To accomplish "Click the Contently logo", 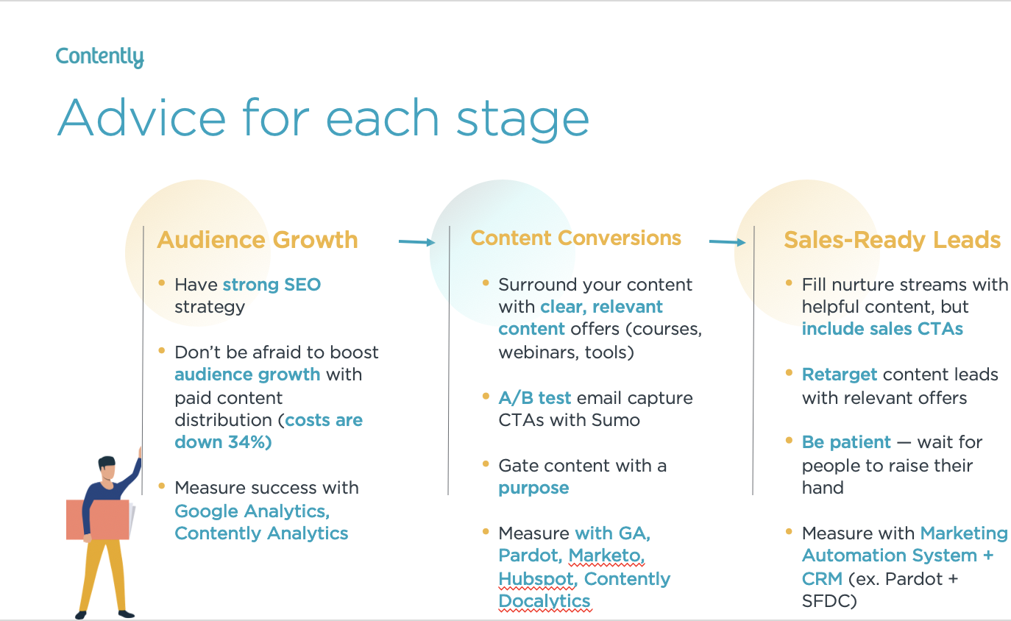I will coord(99,57).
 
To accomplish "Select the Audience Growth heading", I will coord(258,240).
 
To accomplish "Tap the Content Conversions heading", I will coord(575,238).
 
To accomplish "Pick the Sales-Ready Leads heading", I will coord(892,240).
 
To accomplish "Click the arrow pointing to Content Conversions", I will coord(417,241).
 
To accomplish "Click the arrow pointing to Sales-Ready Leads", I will coord(728,241).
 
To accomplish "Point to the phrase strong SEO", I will coord(272,285).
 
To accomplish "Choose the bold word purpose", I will coord(533,488).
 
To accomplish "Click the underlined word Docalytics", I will coord(544,601).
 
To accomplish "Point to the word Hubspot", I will coord(536,579).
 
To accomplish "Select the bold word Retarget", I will coord(840,375).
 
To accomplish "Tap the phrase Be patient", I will coord(846,442).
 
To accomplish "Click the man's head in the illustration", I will coord(107,468).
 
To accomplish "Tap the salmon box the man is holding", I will coord(97,519).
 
